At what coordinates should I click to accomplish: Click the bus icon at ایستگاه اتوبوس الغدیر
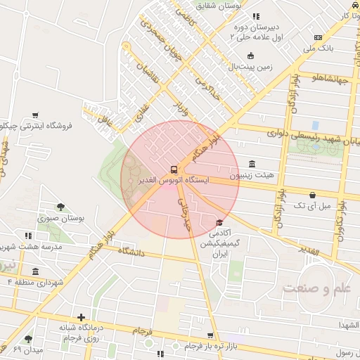click(173, 169)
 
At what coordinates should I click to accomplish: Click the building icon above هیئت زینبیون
click(252, 164)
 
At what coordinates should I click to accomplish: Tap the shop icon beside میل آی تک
click(312, 195)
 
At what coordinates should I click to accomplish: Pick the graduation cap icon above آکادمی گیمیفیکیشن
click(212, 224)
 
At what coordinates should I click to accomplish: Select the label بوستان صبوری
click(61, 218)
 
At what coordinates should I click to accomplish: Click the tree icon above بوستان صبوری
click(61, 207)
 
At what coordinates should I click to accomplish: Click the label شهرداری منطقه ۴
click(34, 282)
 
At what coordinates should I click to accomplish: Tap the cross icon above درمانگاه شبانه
click(82, 318)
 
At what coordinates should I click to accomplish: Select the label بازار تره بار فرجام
click(212, 347)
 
